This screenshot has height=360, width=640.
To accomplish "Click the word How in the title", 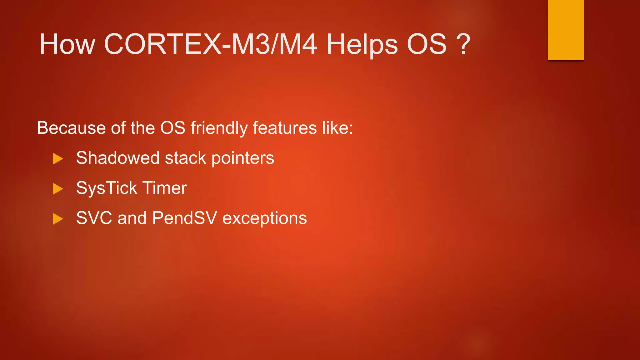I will click(x=67, y=44).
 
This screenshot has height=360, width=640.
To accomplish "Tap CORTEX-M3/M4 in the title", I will click(x=210, y=44).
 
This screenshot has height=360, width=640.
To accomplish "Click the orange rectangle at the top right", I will click(x=566, y=30).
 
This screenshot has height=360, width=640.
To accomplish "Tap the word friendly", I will click(x=219, y=128).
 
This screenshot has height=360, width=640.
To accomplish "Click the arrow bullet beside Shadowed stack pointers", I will click(x=58, y=159).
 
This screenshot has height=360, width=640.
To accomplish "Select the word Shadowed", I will click(x=118, y=158).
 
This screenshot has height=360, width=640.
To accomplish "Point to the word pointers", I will click(x=243, y=158).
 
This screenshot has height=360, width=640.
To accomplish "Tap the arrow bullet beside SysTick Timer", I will click(x=58, y=189).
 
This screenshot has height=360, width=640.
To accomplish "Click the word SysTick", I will click(x=107, y=188).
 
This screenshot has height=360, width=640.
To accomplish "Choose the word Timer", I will click(x=165, y=188).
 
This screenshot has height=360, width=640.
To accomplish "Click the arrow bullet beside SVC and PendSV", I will click(x=58, y=219).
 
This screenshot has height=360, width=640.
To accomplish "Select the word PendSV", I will click(x=184, y=218).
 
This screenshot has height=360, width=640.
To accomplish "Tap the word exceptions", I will click(x=264, y=218).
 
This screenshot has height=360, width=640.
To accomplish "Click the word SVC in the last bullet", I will click(x=94, y=218).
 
